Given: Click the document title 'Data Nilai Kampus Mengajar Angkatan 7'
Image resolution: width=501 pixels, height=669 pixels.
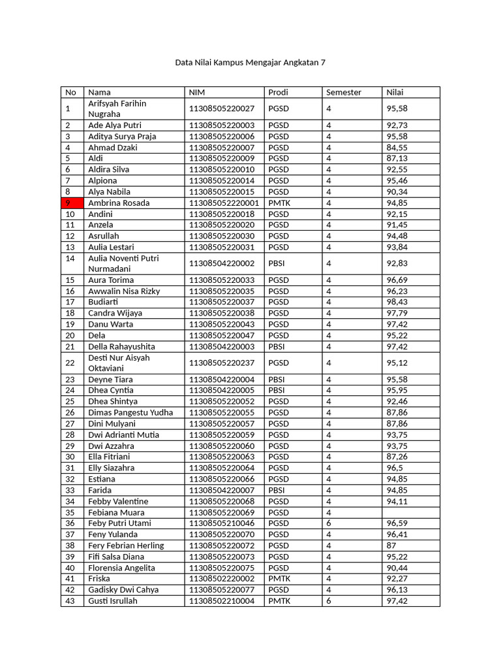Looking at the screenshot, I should pyautogui.click(x=250, y=63).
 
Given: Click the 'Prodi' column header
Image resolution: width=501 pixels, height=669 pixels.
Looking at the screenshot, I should pyautogui.click(x=278, y=92).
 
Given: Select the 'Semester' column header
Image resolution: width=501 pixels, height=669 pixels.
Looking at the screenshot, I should pyautogui.click(x=343, y=92).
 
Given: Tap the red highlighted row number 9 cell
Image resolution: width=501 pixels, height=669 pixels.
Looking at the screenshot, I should pyautogui.click(x=71, y=203).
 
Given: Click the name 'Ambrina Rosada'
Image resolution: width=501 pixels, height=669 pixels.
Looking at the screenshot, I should pyautogui.click(x=119, y=203).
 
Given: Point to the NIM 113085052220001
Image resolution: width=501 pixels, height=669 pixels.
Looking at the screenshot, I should pyautogui.click(x=224, y=203).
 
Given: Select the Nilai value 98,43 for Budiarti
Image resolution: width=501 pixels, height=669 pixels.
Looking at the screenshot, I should pyautogui.click(x=397, y=302).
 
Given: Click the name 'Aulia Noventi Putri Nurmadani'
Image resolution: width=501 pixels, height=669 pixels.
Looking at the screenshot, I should pyautogui.click(x=123, y=263).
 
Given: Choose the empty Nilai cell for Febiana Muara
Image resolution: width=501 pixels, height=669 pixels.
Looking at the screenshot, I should pyautogui.click(x=410, y=512).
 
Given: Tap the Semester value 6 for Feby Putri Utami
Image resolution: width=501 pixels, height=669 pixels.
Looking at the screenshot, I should pyautogui.click(x=329, y=523).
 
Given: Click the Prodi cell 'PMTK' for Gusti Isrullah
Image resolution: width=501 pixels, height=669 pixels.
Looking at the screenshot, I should pyautogui.click(x=279, y=600).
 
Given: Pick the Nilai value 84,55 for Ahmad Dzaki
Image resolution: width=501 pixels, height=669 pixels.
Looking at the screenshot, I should pyautogui.click(x=397, y=147).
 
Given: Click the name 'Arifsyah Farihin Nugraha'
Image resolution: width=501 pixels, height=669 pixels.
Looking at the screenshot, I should pyautogui.click(x=117, y=108).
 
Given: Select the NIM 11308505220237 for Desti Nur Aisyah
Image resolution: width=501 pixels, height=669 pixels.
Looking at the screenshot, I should pyautogui.click(x=222, y=363).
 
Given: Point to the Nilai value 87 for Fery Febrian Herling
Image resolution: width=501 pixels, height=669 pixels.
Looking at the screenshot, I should pyautogui.click(x=391, y=546).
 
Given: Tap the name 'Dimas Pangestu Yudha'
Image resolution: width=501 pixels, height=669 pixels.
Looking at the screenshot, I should pyautogui.click(x=130, y=412).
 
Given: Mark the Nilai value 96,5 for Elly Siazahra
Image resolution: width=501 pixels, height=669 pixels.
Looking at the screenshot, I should pyautogui.click(x=394, y=468).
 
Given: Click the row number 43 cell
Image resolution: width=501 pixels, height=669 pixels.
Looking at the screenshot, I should pyautogui.click(x=70, y=600).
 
